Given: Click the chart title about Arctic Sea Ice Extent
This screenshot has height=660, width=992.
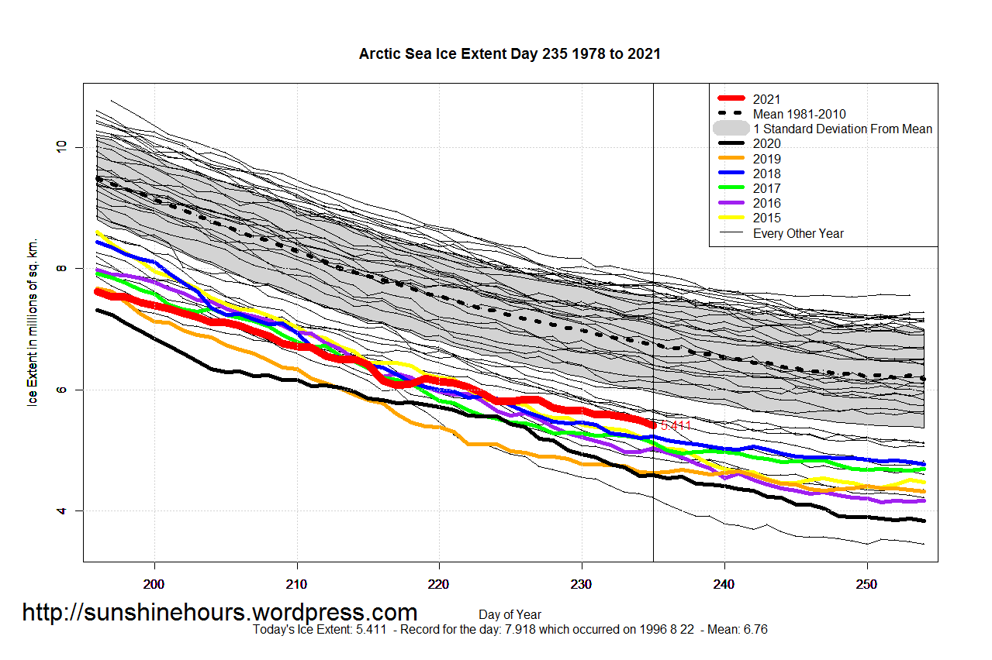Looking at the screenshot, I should [510, 54].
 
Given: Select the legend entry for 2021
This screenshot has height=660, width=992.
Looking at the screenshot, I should [766, 99].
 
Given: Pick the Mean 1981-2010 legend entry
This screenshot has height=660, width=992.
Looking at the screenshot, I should [799, 114].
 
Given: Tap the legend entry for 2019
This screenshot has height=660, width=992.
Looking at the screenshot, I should [766, 159].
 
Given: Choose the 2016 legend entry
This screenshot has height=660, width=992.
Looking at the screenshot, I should [766, 203].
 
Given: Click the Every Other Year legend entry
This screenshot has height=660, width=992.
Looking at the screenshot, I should [797, 233].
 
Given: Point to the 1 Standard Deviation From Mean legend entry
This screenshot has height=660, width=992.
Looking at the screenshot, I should [842, 129].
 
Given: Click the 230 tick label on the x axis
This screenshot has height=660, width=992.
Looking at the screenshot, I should [582, 583].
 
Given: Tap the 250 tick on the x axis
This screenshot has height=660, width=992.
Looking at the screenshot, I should [866, 583].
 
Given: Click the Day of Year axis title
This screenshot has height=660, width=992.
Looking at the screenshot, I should [510, 615].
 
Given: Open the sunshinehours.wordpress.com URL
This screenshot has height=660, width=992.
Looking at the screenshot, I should [219, 613].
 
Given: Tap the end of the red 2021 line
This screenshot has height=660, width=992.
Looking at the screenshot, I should [652, 425].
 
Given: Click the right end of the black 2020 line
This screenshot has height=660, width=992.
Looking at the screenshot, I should [923, 521].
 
